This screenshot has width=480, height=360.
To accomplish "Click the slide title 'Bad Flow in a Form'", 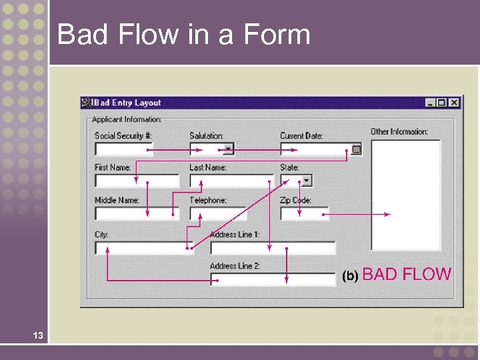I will [x=184, y=34].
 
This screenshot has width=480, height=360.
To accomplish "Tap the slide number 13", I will [x=37, y=335].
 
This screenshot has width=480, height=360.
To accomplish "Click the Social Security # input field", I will [x=123, y=149].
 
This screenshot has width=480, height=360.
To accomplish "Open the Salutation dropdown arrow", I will [x=228, y=149].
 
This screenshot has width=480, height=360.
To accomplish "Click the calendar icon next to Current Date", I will [x=357, y=149].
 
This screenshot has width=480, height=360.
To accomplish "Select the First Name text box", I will [x=137, y=181].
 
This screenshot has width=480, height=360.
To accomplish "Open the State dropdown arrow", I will [x=306, y=181].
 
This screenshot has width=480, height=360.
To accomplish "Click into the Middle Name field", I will [x=137, y=213].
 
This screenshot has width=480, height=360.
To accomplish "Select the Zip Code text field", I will [x=303, y=213].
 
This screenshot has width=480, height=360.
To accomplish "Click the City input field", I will [x=143, y=248].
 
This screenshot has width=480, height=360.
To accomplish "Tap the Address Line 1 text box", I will [x=273, y=248].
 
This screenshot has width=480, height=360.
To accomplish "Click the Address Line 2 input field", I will [x=273, y=279].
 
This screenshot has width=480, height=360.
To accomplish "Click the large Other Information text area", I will [x=405, y=195].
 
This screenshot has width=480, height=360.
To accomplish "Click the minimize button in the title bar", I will [x=431, y=103].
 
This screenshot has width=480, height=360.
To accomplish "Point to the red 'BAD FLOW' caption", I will [x=407, y=274].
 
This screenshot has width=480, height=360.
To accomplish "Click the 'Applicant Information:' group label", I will [x=127, y=119].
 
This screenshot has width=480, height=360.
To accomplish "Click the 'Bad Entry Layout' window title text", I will [x=127, y=103].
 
